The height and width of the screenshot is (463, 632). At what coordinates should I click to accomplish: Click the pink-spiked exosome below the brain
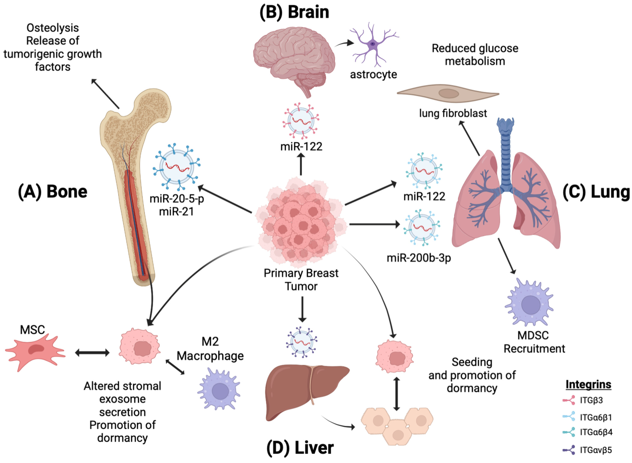[x=301, y=120]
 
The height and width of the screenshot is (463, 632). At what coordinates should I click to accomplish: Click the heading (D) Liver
[x=300, y=448]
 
